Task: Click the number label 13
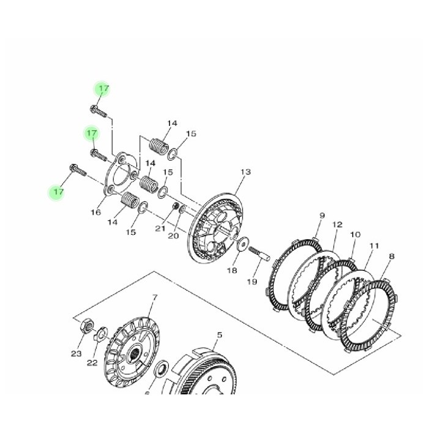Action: click(x=245, y=172)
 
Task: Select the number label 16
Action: click(x=96, y=212)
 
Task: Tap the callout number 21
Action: click(x=160, y=228)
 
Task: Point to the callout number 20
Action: click(x=174, y=235)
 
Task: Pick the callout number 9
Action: click(x=322, y=216)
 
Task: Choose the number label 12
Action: click(x=337, y=225)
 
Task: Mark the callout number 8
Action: click(x=392, y=257)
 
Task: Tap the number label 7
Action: click(x=155, y=298)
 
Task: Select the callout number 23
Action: click(x=76, y=353)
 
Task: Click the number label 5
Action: click(x=220, y=334)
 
